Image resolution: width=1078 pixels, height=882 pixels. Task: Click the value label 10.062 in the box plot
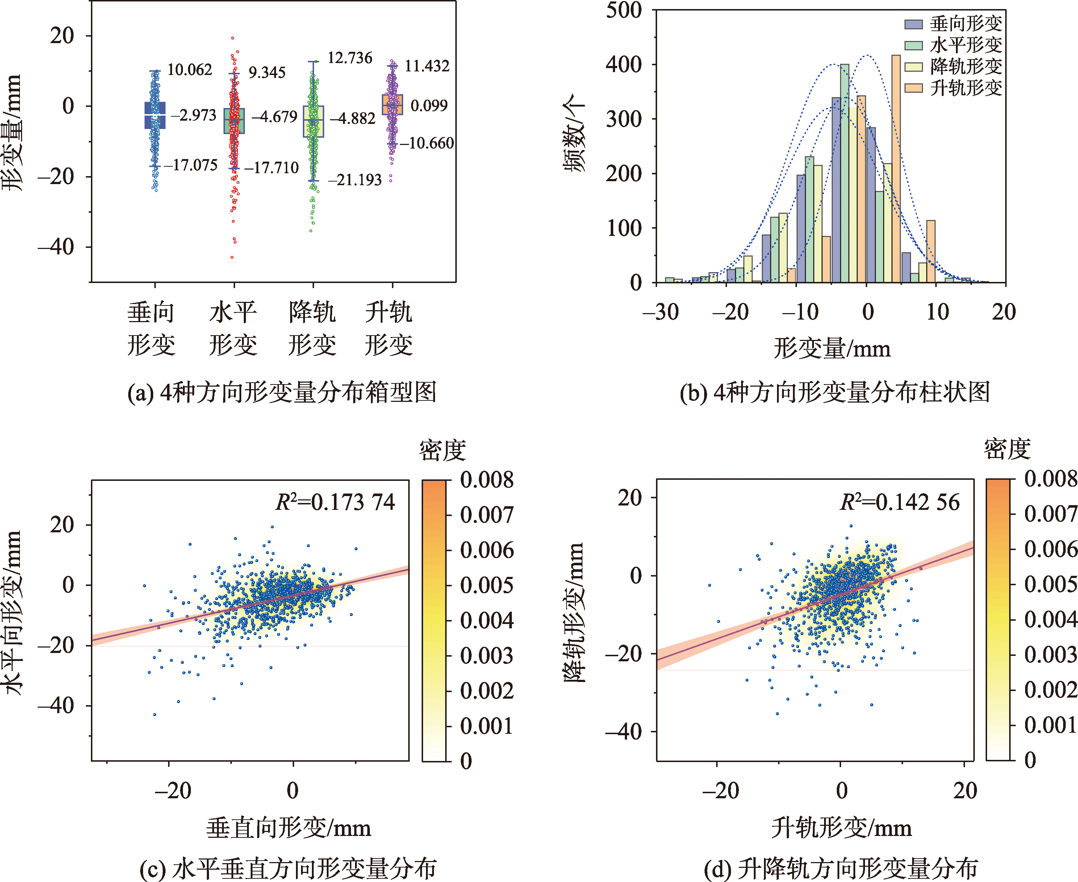click(x=189, y=70)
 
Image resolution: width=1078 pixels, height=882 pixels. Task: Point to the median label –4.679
click(x=275, y=117)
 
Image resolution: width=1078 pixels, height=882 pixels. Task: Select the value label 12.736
click(x=350, y=58)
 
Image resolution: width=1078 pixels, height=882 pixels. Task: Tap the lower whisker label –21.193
click(x=355, y=179)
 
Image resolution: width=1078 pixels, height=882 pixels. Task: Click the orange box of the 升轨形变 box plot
click(x=393, y=104)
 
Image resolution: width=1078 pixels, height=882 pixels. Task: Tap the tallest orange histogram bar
click(x=896, y=168)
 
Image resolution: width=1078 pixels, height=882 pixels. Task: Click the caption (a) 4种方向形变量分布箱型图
click(x=282, y=392)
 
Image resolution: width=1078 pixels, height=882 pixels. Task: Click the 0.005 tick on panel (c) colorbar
click(x=487, y=585)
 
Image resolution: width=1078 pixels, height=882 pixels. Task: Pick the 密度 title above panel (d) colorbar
click(x=1007, y=449)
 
